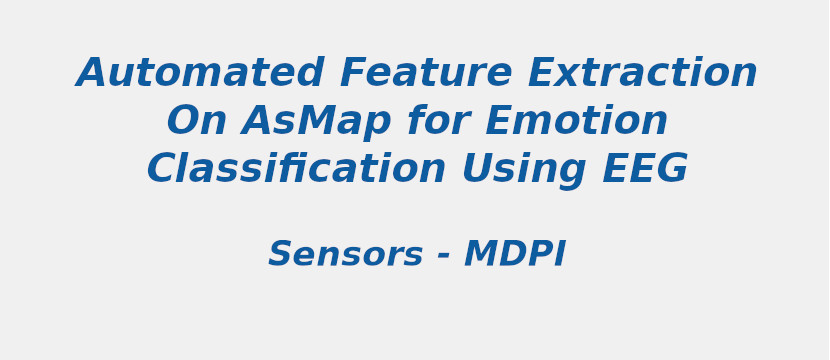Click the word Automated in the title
pyautogui.click(x=200, y=74)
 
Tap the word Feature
pyautogui.click(x=425, y=74)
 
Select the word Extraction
pyautogui.click(x=642, y=74)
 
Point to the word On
pyautogui.click(x=196, y=122)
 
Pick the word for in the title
pyautogui.click(x=438, y=122)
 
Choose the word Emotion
pyautogui.click(x=576, y=122)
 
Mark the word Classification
pyautogui.click(x=296, y=170)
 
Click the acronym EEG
pyautogui.click(x=644, y=170)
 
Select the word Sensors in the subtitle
pyautogui.click(x=345, y=255)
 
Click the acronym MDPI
pyautogui.click(x=515, y=255)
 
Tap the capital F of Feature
pyautogui.click(x=352, y=74)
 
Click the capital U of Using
pyautogui.click(x=476, y=170)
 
